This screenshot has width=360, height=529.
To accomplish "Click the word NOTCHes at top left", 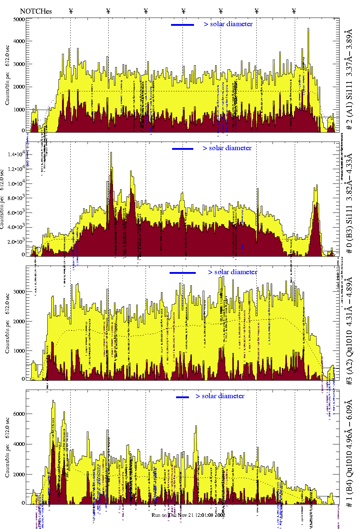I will pos(36,11).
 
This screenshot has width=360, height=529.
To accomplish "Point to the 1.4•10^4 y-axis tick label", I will pos(16,154).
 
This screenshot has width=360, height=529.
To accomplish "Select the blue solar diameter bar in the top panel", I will pos(183,25).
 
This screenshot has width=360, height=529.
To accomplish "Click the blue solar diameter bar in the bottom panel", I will pos(183,397).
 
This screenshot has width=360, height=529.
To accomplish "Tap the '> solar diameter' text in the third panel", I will pos(233,272).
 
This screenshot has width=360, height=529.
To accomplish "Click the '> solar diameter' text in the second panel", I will pos(227,148).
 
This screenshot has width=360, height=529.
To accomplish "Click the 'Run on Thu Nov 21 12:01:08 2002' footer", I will pos(188,515).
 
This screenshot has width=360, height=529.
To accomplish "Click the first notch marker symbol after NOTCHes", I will pos(71,11).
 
